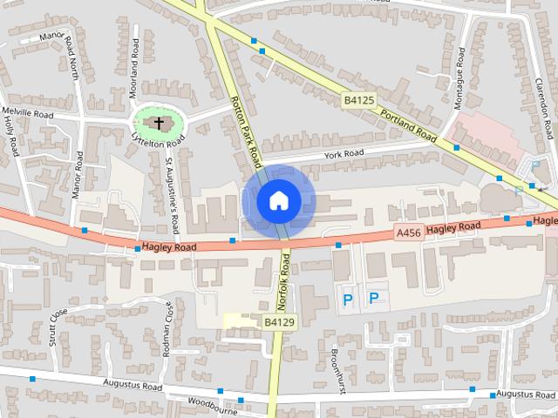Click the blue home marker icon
pyautogui.click(x=277, y=200)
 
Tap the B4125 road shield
pyautogui.click(x=357, y=101)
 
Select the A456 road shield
pyautogui.click(x=408, y=232)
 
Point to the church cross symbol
pyautogui.click(x=158, y=123)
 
